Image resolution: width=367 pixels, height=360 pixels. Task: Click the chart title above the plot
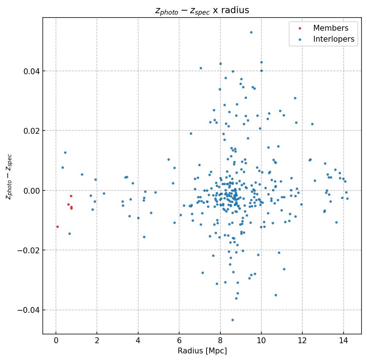click(x=202, y=10)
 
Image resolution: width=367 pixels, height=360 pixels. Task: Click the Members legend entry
click(x=330, y=28)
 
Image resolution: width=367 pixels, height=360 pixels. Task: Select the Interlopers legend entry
click(x=333, y=39)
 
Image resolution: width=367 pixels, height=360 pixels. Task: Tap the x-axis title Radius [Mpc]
click(x=202, y=351)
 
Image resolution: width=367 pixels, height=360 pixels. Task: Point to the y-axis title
click(x=9, y=177)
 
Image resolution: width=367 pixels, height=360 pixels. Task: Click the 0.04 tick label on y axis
click(x=31, y=71)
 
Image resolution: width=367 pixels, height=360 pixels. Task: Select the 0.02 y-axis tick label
click(x=31, y=130)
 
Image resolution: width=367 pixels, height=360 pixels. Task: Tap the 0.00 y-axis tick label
click(x=31, y=190)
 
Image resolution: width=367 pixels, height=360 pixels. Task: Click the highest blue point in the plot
click(x=251, y=32)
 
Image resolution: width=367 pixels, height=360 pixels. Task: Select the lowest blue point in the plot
click(x=232, y=320)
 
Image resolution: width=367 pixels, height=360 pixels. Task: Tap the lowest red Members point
click(x=57, y=227)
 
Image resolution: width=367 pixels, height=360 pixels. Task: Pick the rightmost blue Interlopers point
click(x=347, y=198)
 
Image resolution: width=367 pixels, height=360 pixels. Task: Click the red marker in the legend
click(x=300, y=28)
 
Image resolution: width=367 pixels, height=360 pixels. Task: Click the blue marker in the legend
click(x=300, y=39)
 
